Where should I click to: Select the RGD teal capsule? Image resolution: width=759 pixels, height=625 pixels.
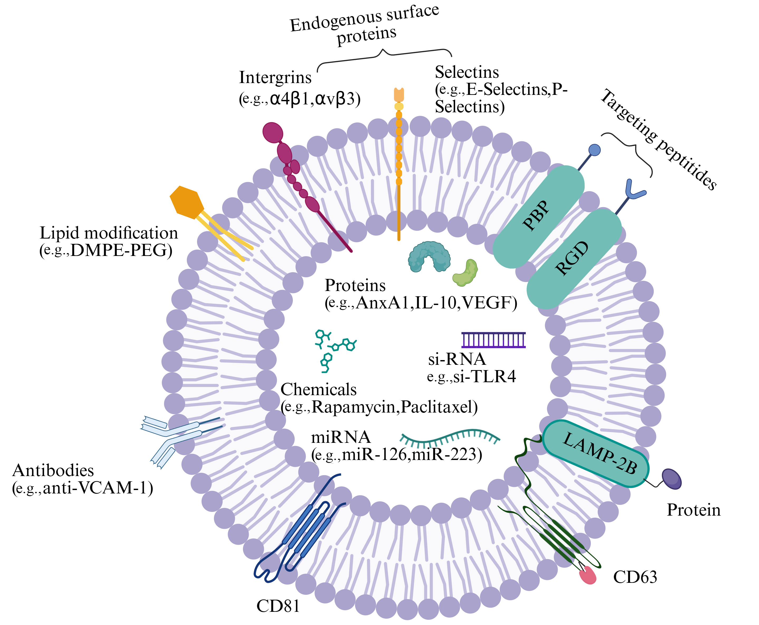point(574,259)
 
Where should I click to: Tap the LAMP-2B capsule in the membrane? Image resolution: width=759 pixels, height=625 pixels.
point(595,454)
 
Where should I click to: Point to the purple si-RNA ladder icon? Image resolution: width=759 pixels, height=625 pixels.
point(494,340)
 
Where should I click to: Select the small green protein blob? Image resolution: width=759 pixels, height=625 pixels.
point(465,273)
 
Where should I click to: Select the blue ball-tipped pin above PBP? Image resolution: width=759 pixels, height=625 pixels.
point(594,150)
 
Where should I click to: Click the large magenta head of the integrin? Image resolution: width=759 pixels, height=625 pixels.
point(273,133)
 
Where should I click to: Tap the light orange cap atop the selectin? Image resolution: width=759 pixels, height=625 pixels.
point(399,94)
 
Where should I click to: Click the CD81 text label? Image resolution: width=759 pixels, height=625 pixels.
point(278,606)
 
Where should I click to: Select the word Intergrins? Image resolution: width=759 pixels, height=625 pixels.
point(275,77)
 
